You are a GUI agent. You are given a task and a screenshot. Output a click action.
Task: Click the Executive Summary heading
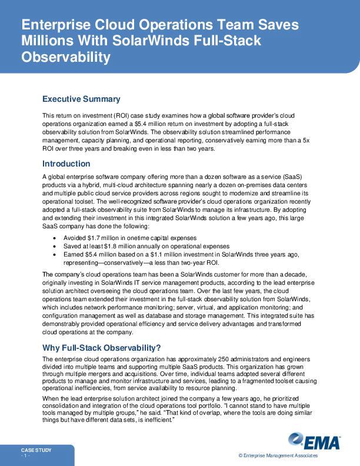tap(81, 99)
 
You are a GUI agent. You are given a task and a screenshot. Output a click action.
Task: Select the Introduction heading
tap(66, 164)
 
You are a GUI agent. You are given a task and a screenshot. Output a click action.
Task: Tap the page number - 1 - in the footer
tap(25, 456)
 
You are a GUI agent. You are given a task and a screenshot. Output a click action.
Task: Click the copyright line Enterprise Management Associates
tap(278, 456)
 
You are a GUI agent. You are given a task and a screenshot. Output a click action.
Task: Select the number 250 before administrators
tap(216, 358)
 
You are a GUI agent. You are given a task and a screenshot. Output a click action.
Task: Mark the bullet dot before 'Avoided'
tap(55, 238)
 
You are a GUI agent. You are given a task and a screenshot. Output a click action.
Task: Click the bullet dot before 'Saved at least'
tap(55, 246)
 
